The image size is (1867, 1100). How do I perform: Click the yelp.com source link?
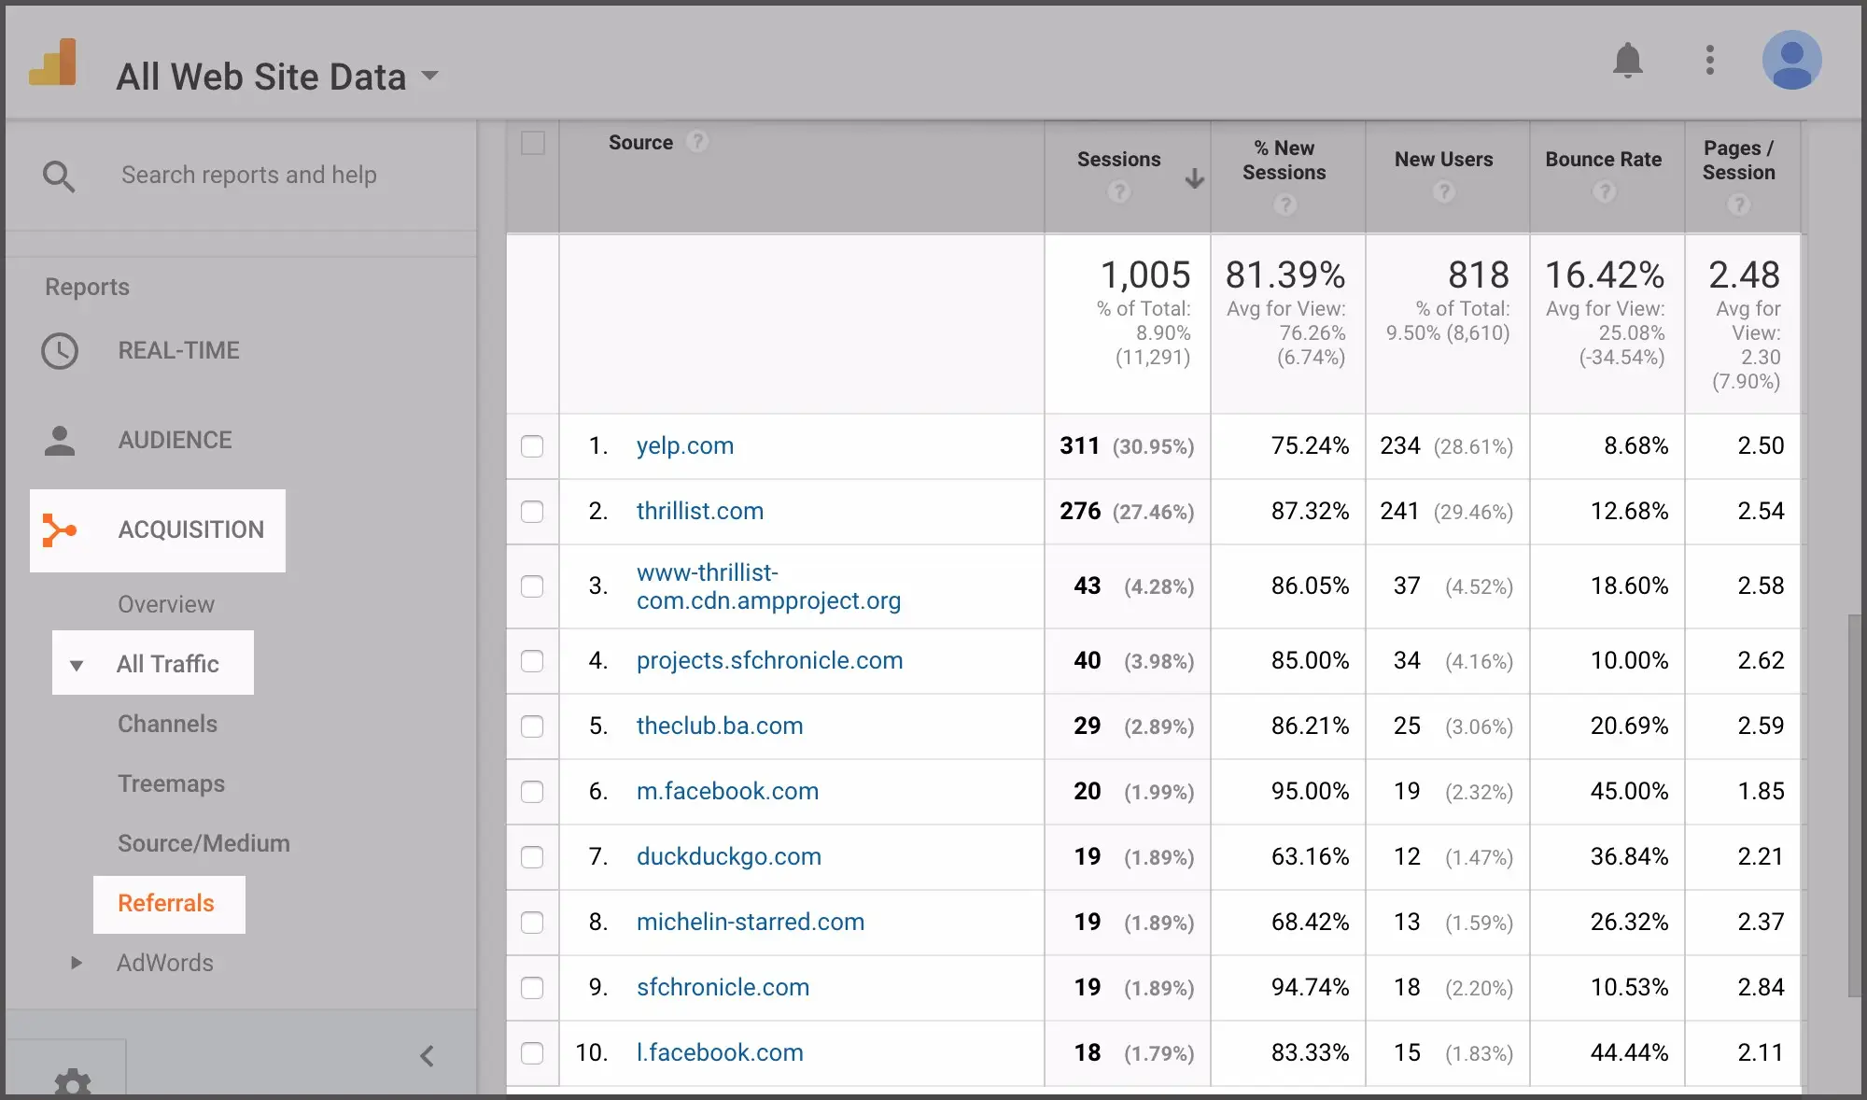click(684, 446)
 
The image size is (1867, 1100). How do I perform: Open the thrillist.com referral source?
click(699, 512)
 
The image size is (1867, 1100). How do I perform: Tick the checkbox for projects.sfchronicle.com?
click(532, 661)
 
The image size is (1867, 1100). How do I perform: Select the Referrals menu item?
click(166, 904)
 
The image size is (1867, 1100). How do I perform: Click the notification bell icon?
click(1627, 61)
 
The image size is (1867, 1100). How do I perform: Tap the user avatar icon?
click(1791, 61)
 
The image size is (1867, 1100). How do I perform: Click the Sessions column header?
click(1118, 160)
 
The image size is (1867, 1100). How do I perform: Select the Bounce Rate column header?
click(1603, 160)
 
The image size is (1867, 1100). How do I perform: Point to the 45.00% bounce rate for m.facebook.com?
click(1629, 792)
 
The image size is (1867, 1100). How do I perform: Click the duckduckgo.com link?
click(728, 857)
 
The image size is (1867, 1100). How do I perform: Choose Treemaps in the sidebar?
click(171, 784)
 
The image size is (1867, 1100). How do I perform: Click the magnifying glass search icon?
click(59, 176)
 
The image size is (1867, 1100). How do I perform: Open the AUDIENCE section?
click(175, 441)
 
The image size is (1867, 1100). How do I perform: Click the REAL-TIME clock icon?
click(60, 351)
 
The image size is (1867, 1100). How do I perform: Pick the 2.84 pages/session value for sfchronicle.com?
click(1760, 988)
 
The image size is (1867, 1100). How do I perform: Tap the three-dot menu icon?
click(1709, 61)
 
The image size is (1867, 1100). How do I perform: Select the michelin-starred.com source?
click(750, 923)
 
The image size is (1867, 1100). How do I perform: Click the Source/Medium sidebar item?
click(204, 844)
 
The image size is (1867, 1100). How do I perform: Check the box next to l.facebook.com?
click(532, 1053)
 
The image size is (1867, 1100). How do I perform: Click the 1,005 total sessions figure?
click(1144, 275)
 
